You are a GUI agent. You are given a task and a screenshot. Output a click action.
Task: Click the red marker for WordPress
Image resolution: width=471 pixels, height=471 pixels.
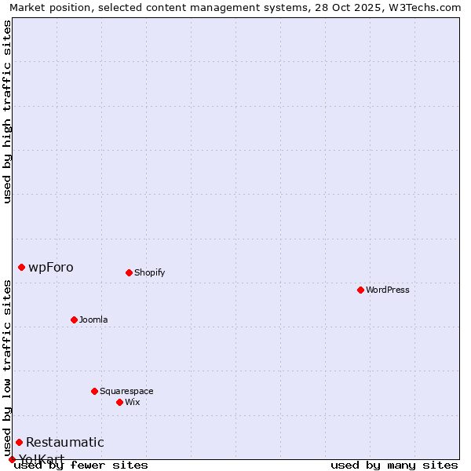click(360, 290)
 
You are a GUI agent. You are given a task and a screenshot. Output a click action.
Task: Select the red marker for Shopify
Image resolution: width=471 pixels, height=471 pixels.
click(129, 272)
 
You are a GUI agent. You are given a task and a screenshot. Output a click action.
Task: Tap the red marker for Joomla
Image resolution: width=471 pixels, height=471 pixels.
click(74, 319)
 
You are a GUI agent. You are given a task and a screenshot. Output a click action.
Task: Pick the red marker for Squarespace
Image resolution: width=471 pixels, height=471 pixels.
click(94, 391)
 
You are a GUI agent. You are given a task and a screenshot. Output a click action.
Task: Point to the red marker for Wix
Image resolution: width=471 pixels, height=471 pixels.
click(119, 402)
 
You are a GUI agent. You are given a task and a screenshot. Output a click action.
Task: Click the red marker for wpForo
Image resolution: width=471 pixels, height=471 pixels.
click(21, 267)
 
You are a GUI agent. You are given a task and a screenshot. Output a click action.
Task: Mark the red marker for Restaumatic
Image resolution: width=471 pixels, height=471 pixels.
click(19, 442)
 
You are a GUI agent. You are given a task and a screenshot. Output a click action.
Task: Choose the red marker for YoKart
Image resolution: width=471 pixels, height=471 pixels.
click(12, 459)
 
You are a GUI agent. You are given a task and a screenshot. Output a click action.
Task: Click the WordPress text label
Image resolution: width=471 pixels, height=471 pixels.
click(388, 290)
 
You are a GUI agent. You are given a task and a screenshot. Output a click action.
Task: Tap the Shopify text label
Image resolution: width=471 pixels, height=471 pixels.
click(149, 272)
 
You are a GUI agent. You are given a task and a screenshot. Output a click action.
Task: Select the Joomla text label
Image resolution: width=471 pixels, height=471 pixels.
click(93, 319)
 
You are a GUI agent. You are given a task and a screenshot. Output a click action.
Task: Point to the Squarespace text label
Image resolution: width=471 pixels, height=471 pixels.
click(126, 391)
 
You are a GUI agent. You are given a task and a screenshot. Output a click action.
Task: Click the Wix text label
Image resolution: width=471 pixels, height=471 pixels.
click(132, 402)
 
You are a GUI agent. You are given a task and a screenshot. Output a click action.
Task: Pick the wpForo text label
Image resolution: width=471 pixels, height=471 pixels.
click(51, 267)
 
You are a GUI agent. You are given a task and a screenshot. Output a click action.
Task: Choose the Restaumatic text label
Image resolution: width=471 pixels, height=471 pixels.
click(65, 442)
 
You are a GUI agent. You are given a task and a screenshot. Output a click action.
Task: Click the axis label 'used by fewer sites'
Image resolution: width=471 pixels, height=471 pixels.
click(82, 466)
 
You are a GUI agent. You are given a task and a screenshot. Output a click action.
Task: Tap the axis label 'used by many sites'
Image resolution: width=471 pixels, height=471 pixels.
click(394, 466)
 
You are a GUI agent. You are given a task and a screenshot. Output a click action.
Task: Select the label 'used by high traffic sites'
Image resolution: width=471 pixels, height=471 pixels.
click(7, 111)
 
